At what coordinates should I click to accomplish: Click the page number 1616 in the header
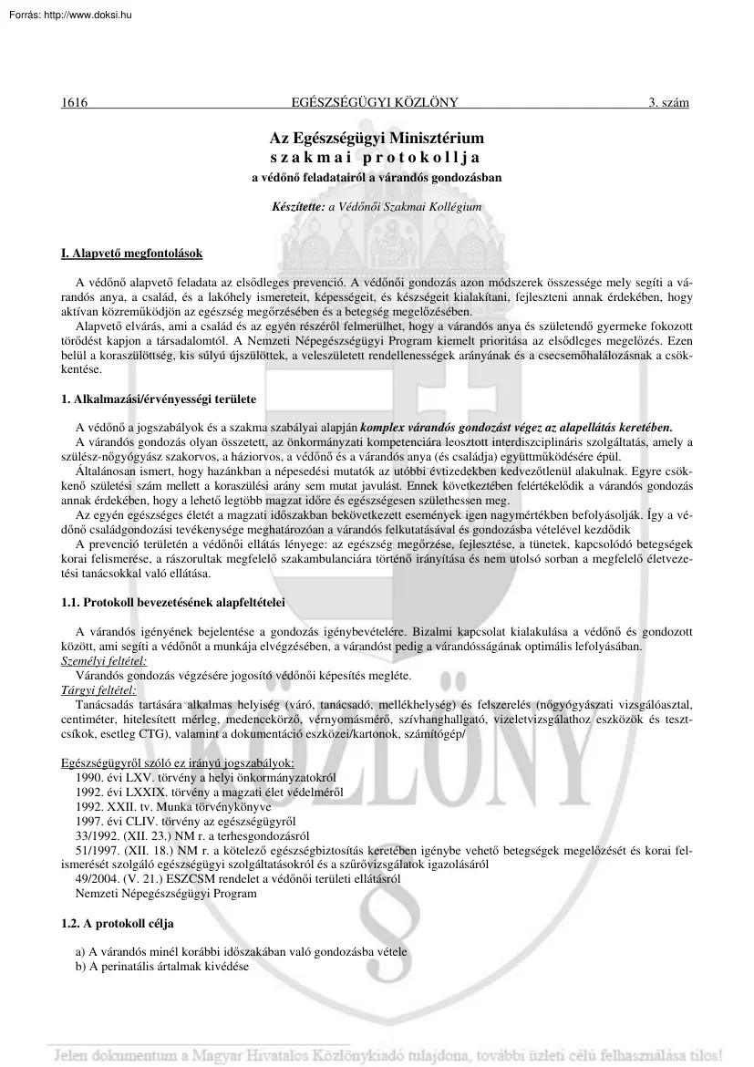tap(74, 103)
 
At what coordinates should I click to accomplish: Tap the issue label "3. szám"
tap(668, 103)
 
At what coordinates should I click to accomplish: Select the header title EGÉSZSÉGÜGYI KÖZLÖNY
tap(377, 103)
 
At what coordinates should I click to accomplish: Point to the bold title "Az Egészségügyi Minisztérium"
tap(377, 139)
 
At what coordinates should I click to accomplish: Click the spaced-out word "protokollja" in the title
tap(427, 157)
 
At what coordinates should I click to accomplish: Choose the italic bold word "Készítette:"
tap(298, 207)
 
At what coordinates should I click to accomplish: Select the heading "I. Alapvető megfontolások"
tap(131, 253)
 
